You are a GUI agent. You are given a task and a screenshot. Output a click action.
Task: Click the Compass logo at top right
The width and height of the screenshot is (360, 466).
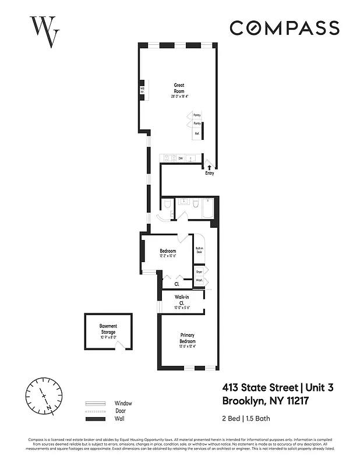(284, 28)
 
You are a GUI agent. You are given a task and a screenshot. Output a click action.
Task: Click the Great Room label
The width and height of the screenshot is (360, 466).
(179, 88)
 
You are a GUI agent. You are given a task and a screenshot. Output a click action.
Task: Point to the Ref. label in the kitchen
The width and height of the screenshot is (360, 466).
(197, 133)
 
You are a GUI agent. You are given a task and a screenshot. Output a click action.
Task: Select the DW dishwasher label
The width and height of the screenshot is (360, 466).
(181, 158)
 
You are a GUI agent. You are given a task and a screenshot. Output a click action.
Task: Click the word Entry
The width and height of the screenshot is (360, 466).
(209, 173)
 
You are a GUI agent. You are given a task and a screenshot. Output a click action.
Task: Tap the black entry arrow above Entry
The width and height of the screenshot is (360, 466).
(209, 167)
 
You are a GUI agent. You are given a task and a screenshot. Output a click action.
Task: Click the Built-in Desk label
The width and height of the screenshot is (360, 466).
(199, 250)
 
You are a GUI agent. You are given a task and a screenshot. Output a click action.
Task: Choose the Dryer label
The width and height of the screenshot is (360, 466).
(199, 271)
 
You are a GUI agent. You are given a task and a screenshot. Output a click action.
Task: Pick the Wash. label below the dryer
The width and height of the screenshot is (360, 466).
(199, 281)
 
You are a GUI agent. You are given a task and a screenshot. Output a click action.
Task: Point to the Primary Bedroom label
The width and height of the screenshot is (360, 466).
(187, 338)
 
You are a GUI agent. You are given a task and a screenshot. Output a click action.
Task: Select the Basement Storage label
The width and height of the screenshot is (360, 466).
(108, 330)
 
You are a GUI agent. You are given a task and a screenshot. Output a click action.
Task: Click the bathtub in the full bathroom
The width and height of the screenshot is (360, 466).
(207, 210)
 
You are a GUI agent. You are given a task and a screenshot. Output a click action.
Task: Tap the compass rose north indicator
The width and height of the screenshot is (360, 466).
(43, 394)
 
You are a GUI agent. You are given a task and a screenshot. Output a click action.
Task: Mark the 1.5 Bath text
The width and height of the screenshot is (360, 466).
(255, 418)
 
